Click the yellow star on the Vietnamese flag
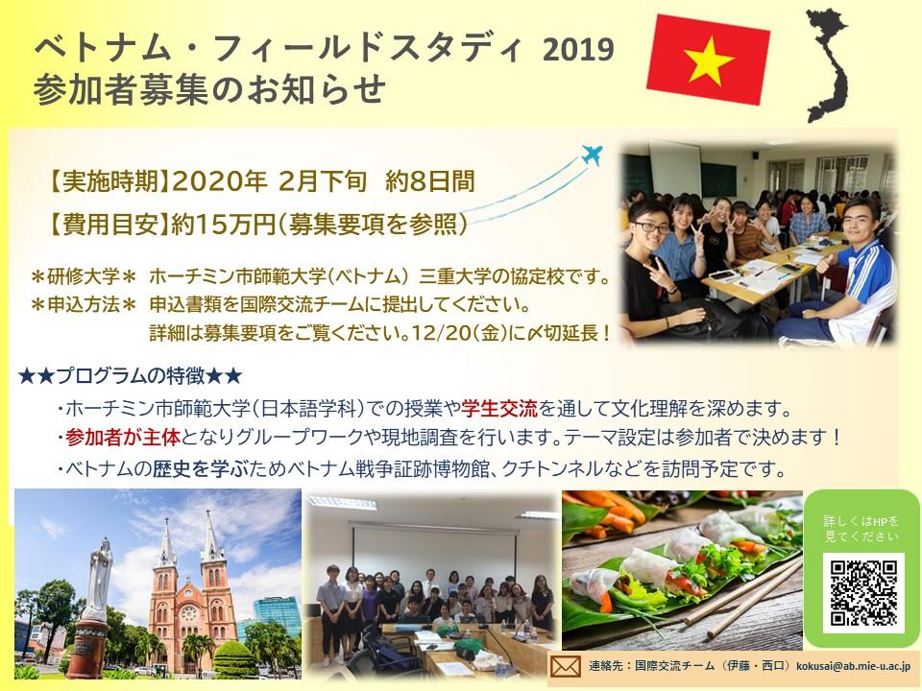pos(710,61)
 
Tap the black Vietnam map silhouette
pos(827,64)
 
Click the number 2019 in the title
pos(578,50)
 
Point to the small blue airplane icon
pos(593,155)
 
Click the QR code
pos(862,593)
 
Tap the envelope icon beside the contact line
pos(565,667)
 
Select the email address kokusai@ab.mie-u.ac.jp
pos(853,666)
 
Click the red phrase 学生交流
pos(499,408)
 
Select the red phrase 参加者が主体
pos(122,438)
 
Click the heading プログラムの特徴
pos(130,375)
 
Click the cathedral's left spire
pos(167,543)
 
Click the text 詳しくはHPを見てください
pos(861,528)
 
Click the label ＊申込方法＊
pos(84,305)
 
